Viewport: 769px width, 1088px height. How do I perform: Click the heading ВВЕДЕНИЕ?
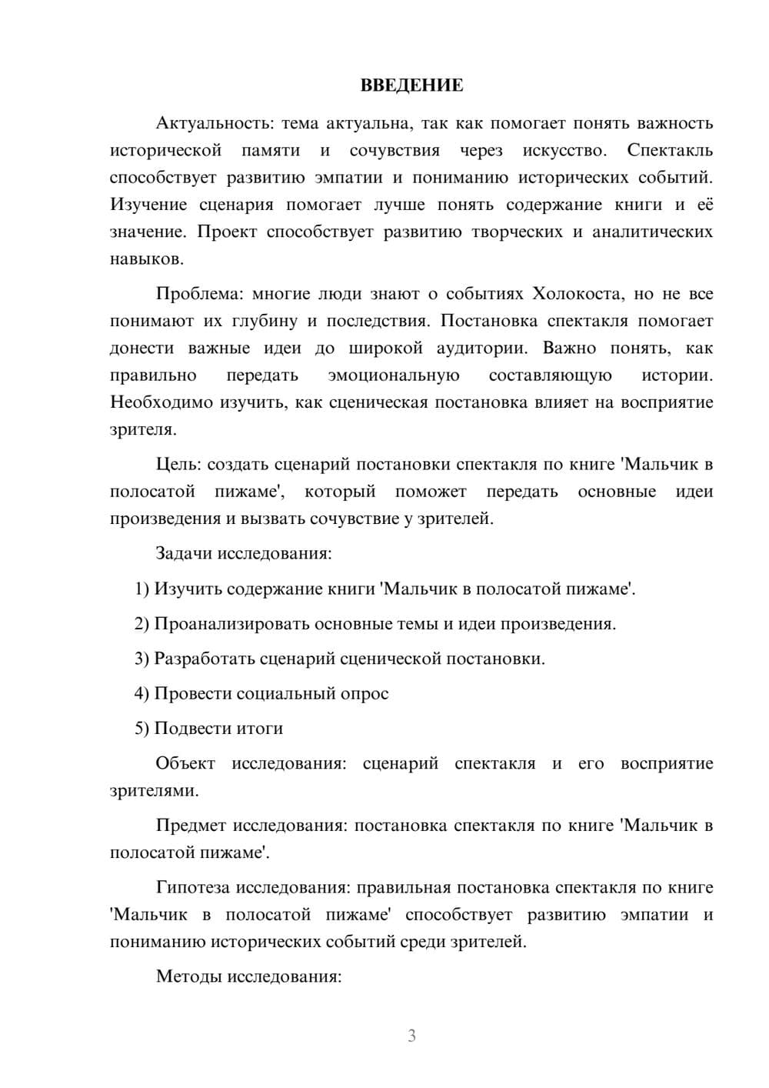pos(411,86)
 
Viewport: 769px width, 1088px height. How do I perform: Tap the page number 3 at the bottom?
pos(411,1036)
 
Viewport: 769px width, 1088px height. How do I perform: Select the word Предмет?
pos(191,826)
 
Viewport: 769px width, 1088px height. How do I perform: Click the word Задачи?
pos(184,553)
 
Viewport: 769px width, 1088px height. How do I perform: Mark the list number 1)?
pos(142,589)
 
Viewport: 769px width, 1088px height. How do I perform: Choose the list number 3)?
pos(142,659)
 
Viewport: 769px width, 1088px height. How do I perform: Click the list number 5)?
pos(142,728)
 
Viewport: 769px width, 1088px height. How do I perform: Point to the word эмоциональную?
pos(393,375)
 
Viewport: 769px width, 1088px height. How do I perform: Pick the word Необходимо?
pos(161,402)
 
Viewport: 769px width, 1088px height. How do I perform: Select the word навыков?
pos(146,259)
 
